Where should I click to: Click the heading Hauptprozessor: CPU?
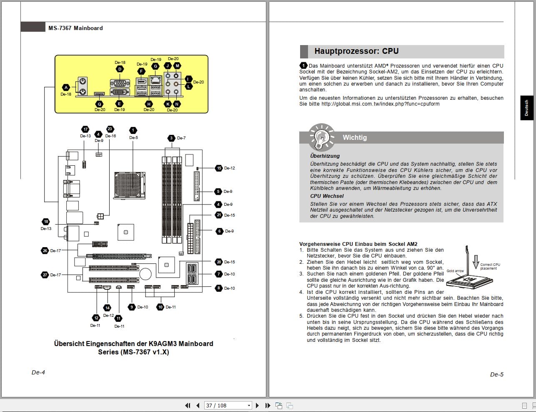coord(356,51)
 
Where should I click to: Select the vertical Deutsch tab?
coord(526,108)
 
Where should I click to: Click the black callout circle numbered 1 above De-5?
coord(133,131)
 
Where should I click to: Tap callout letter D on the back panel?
coord(120,69)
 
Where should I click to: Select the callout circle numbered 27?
coord(45,275)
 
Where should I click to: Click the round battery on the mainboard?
coord(145,274)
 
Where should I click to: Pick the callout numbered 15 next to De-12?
coord(219,168)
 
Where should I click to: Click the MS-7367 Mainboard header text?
coord(75,28)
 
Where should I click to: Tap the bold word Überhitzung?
coord(325,156)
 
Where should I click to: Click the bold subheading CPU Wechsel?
coord(327,196)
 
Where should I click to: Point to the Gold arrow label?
coord(455,271)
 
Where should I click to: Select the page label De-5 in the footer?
coord(496,374)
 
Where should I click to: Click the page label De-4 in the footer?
coord(38,372)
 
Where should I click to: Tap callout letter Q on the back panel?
coord(100,104)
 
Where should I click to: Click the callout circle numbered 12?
coord(96,318)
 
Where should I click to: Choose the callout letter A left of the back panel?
coord(66,88)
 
